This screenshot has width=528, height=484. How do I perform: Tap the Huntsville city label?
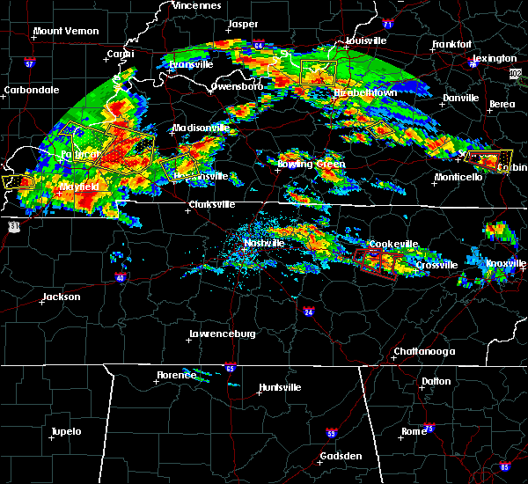pos(280,388)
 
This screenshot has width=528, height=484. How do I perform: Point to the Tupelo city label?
pos(65,432)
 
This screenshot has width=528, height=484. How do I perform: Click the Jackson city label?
pos(62,297)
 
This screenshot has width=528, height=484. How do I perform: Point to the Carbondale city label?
pos(31,90)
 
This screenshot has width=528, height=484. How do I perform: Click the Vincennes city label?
pos(196,5)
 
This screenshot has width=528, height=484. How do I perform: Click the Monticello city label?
pos(458,177)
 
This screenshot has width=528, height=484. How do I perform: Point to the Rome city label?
pos(413,431)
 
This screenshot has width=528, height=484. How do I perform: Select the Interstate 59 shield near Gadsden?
pos(330,434)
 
